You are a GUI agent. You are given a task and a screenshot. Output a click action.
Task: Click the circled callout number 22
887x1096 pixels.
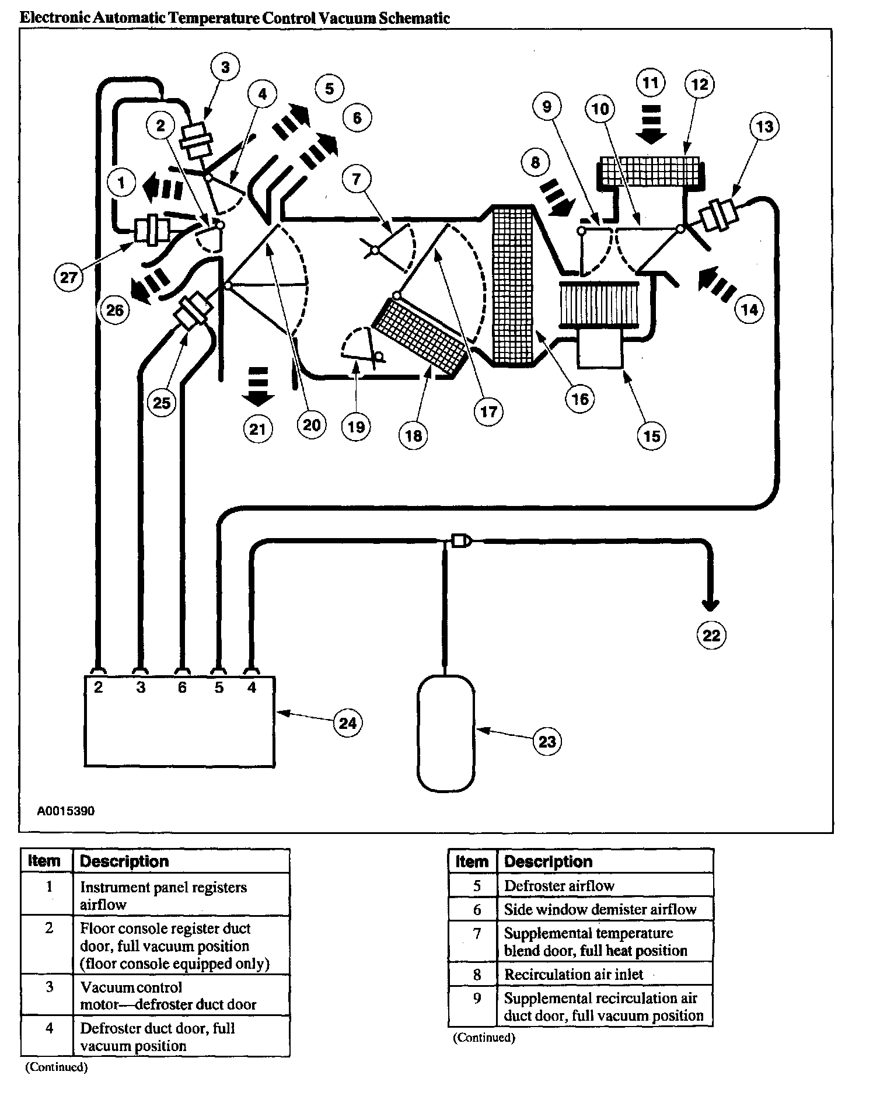tap(711, 634)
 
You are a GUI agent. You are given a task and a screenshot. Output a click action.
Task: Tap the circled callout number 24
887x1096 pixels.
tap(348, 723)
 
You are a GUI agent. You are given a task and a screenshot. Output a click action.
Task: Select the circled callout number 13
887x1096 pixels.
tap(764, 126)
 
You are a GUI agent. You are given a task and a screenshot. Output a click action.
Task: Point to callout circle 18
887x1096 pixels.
tap(413, 435)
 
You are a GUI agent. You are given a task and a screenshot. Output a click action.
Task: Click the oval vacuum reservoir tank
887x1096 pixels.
tap(446, 734)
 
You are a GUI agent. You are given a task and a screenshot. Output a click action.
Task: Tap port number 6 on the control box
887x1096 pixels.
tap(182, 687)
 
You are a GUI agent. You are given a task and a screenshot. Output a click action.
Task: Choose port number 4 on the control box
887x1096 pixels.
tap(252, 687)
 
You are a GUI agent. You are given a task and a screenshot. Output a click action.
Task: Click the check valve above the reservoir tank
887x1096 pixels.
tap(460, 541)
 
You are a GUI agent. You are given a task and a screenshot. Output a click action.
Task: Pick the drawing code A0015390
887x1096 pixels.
tap(65, 811)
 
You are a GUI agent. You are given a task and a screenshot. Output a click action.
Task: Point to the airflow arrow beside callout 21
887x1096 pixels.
tap(257, 386)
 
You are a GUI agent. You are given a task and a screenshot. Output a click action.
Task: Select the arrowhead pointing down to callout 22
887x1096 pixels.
tap(711, 605)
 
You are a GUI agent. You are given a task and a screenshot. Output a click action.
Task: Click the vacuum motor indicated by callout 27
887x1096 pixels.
tap(153, 229)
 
